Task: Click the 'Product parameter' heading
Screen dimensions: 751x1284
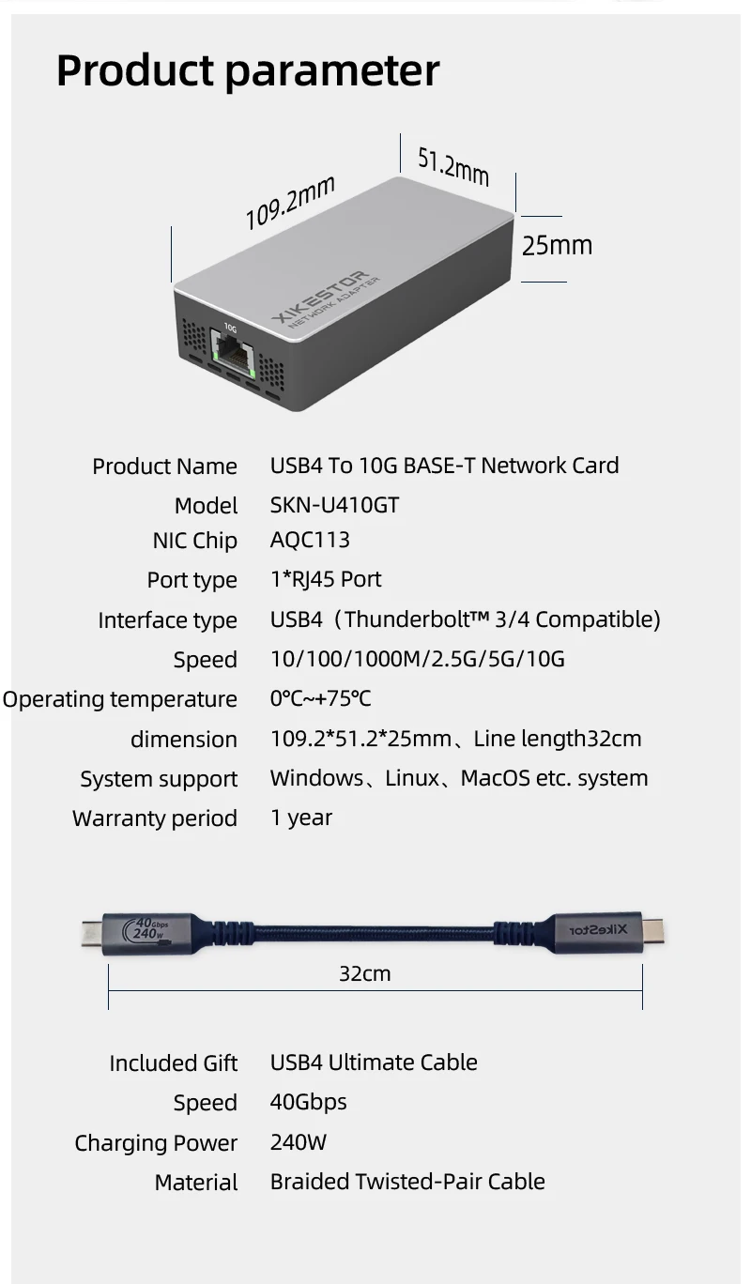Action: (x=248, y=71)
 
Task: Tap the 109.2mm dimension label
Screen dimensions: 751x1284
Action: (x=290, y=202)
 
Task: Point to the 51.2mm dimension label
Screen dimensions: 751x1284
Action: (x=452, y=166)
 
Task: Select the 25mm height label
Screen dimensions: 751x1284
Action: (x=557, y=246)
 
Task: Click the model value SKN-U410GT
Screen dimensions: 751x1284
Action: (x=334, y=505)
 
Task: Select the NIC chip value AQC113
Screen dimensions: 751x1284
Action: (x=310, y=540)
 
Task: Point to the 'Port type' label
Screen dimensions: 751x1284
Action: (x=192, y=580)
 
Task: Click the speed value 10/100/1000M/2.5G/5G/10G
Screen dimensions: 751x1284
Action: (x=418, y=659)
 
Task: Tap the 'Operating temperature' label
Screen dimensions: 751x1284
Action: (x=119, y=699)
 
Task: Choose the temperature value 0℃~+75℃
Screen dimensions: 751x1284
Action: (x=321, y=698)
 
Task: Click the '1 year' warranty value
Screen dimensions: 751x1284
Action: (x=301, y=818)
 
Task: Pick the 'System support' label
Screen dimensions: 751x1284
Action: (x=159, y=779)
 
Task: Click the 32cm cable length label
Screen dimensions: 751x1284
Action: (x=364, y=974)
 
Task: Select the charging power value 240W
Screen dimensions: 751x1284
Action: (x=299, y=1142)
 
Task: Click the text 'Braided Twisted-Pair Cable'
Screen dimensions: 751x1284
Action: (x=407, y=1182)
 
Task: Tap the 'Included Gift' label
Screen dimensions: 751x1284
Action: (x=174, y=1063)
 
